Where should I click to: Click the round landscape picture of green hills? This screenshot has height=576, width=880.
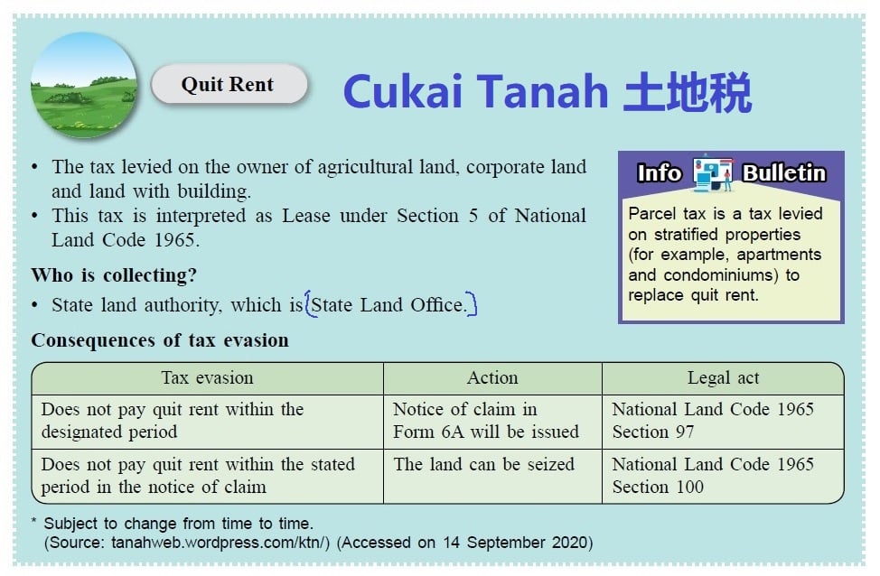point(84,85)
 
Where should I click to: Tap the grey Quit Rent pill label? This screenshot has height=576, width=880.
point(229,84)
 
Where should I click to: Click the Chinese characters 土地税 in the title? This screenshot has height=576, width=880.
point(687,91)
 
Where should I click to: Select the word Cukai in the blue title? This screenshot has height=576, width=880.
point(403,91)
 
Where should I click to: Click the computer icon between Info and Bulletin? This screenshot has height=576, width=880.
point(712,172)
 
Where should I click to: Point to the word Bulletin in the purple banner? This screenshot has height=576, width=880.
point(784,173)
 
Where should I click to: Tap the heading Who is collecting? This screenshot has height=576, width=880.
point(114,274)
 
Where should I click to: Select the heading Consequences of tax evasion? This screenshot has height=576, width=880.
point(160,340)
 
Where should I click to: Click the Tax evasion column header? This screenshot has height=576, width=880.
point(207,378)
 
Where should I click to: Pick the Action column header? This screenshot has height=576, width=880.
point(492,378)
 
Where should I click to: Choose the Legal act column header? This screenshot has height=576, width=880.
point(723,378)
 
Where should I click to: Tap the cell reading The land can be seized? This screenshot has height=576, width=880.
point(483,464)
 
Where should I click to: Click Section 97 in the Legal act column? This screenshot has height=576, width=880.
point(652,432)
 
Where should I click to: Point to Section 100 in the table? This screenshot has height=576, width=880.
point(658,487)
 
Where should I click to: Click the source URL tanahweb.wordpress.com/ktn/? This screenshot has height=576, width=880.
point(220,543)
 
